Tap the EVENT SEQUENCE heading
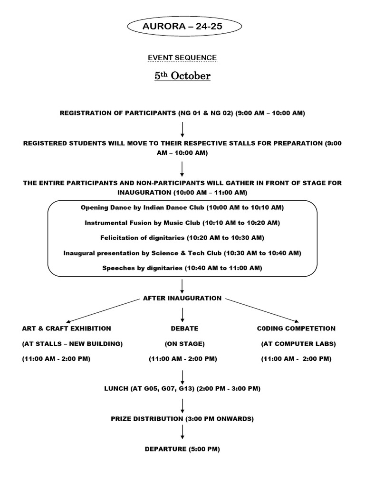pyautogui.click(x=182, y=57)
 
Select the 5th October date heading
pyautogui.click(x=182, y=75)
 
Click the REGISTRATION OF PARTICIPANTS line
pyautogui.click(x=182, y=113)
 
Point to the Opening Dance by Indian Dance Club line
pyautogui.click(x=182, y=208)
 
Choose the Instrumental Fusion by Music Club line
pyautogui.click(x=182, y=223)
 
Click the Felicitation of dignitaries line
pyautogui.click(x=182, y=237)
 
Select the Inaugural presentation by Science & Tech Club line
pyautogui.click(x=182, y=253)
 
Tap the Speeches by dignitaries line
pyautogui.click(x=182, y=268)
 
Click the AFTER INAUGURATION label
pyautogui.click(x=182, y=298)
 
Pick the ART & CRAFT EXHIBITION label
pyautogui.click(x=67, y=328)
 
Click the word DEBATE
pyautogui.click(x=184, y=328)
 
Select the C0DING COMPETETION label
pyautogui.click(x=297, y=328)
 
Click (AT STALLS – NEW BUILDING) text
pyautogui.click(x=72, y=343)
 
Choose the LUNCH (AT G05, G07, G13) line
pyautogui.click(x=182, y=388)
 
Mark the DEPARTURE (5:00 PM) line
pyautogui.click(x=182, y=449)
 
